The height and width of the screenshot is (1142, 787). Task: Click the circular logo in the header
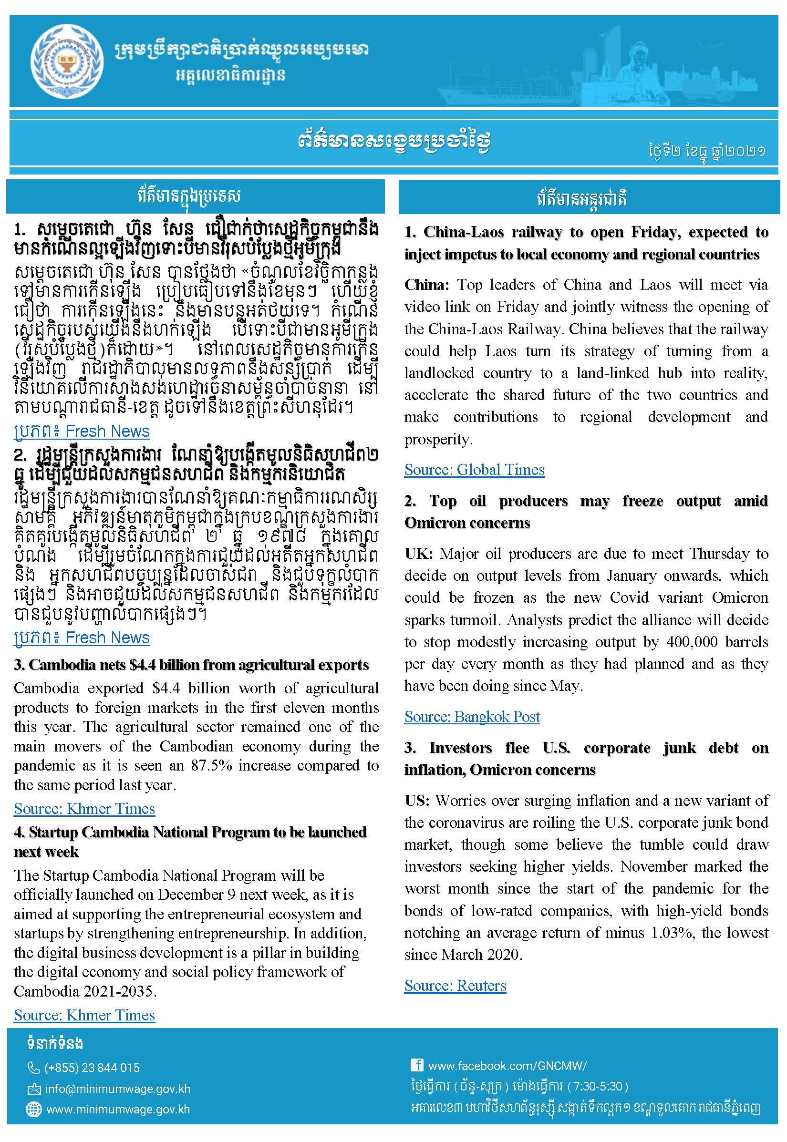pos(67,62)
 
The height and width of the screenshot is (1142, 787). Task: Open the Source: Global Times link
pos(474,470)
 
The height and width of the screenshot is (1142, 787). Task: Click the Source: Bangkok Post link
pos(472,717)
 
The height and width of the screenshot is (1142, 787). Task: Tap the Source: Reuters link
pos(455,985)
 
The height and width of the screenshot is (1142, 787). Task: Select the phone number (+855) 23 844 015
pos(92,1068)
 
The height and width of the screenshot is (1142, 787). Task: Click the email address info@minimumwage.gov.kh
pos(117,1089)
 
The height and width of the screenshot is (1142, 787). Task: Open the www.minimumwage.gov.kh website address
pos(118,1110)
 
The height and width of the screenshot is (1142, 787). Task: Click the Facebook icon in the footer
pos(417,1065)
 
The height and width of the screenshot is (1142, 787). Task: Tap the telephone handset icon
pos(33,1068)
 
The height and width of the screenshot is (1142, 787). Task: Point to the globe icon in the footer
pos(33,1110)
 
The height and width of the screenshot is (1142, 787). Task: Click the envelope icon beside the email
pos(33,1089)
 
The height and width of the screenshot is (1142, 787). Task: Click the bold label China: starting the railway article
pos(426,285)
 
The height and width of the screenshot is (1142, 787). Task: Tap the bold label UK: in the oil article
pos(418,554)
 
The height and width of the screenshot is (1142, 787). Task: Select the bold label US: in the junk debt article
pos(417,801)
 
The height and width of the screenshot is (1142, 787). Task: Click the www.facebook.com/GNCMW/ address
pos(507,1066)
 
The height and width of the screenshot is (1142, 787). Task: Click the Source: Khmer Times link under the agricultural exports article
pos(84,809)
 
